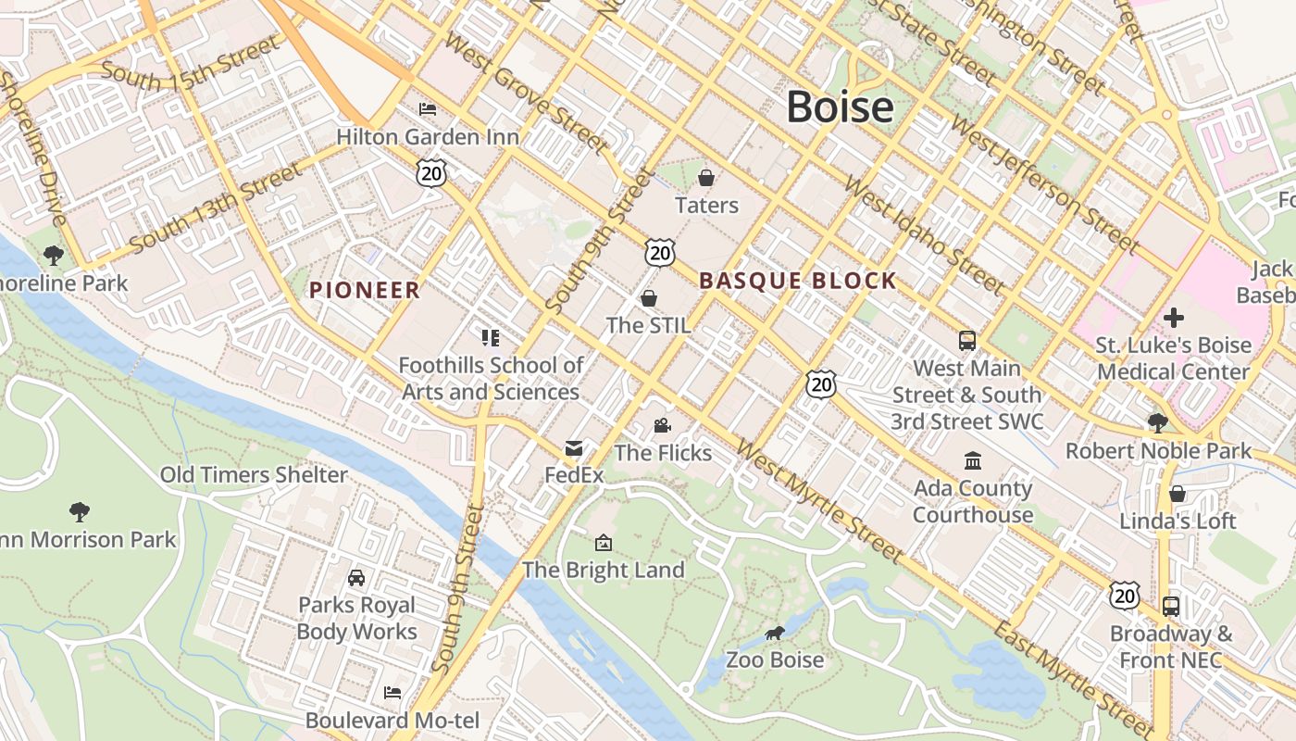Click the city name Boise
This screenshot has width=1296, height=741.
click(840, 107)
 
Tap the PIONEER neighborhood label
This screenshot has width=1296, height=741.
click(365, 290)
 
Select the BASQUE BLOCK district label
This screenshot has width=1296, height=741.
click(798, 281)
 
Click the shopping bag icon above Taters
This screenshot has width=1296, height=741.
click(706, 177)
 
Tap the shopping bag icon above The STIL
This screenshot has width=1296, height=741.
click(649, 298)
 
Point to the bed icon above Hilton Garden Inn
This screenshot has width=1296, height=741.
click(428, 109)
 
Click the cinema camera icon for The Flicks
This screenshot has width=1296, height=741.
click(662, 425)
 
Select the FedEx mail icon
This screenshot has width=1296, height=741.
click(574, 449)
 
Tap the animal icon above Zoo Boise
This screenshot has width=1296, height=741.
click(775, 633)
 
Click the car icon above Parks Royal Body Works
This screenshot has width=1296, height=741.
click(356, 578)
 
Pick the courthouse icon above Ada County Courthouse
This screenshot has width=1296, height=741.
click(973, 460)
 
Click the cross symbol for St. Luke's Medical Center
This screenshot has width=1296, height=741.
click(1173, 318)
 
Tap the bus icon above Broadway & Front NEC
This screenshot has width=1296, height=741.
click(1171, 607)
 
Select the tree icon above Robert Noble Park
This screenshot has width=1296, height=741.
click(1157, 423)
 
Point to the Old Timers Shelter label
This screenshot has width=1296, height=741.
click(254, 475)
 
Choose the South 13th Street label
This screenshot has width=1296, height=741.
click(217, 208)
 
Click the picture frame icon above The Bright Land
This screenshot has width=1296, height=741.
click(604, 543)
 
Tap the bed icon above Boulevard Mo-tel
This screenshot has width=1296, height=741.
click(393, 693)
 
